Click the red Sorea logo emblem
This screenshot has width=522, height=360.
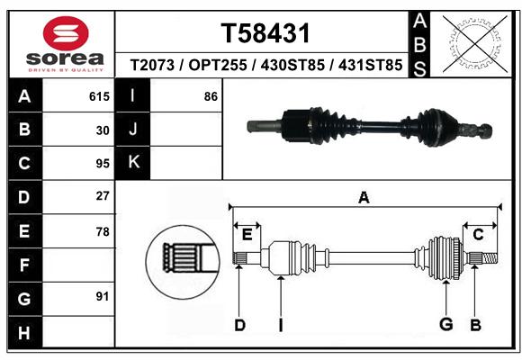pyautogui.click(x=66, y=33)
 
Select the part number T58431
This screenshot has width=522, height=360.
pyautogui.click(x=265, y=33)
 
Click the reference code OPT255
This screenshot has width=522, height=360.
pyautogui.click(x=218, y=65)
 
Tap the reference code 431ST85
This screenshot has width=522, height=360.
pyautogui.click(x=370, y=65)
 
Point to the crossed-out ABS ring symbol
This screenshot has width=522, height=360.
pyautogui.click(x=475, y=43)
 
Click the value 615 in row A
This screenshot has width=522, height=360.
pyautogui.click(x=99, y=96)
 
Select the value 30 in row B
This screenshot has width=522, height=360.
pyautogui.click(x=103, y=130)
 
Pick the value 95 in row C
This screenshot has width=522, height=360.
pyautogui.click(x=103, y=164)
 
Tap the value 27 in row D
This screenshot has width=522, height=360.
pyautogui.click(x=103, y=196)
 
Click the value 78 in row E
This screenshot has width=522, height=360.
pyautogui.click(x=103, y=231)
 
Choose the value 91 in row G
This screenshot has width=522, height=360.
pyautogui.click(x=103, y=296)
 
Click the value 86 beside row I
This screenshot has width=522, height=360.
pyautogui.click(x=211, y=96)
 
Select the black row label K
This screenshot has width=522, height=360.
pyautogui.click(x=133, y=163)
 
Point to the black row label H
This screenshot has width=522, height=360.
pyautogui.click(x=25, y=332)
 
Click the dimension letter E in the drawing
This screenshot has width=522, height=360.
pyautogui.click(x=247, y=235)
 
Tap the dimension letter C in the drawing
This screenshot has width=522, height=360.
pyautogui.click(x=478, y=235)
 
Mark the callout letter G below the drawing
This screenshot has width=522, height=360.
pyautogui.click(x=446, y=324)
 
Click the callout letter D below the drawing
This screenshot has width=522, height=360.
pyautogui.click(x=239, y=325)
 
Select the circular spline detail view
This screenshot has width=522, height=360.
pyautogui.click(x=183, y=262)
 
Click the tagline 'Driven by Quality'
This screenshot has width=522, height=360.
pyautogui.click(x=66, y=70)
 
